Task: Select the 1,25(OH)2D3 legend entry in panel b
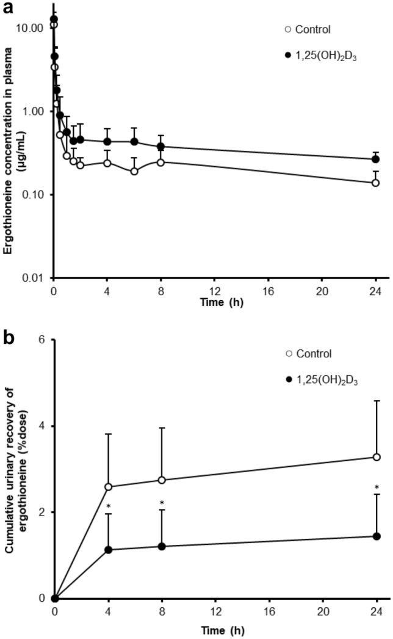[320, 380]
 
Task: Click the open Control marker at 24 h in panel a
[376, 183]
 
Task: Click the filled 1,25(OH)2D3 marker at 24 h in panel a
[376, 159]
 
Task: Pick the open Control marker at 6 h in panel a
[134, 172]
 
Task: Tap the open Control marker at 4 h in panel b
[109, 487]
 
